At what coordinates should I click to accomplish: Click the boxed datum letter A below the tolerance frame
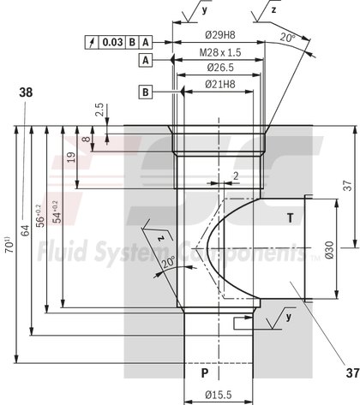[146, 61]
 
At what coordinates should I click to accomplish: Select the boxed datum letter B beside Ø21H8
[146, 91]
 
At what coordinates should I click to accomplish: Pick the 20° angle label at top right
[288, 39]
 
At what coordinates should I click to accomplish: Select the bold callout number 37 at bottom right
[351, 372]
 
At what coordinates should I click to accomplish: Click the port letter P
[204, 374]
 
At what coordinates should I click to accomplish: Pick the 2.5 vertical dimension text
[100, 110]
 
